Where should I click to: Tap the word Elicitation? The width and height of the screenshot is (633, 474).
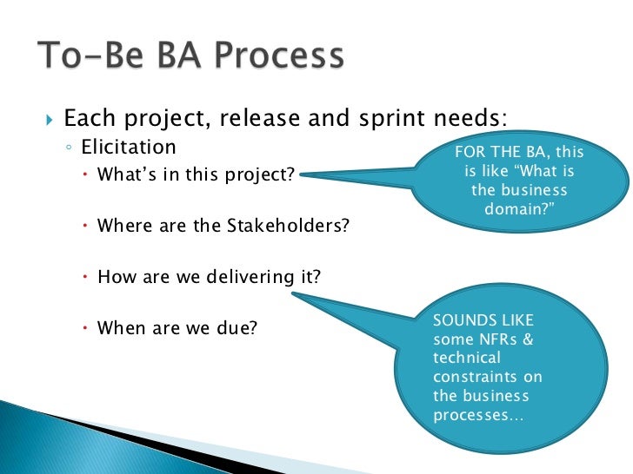[x=129, y=147]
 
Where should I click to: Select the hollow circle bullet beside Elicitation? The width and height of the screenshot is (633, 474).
[x=69, y=148]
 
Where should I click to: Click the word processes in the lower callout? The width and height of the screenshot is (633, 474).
[x=468, y=415]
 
